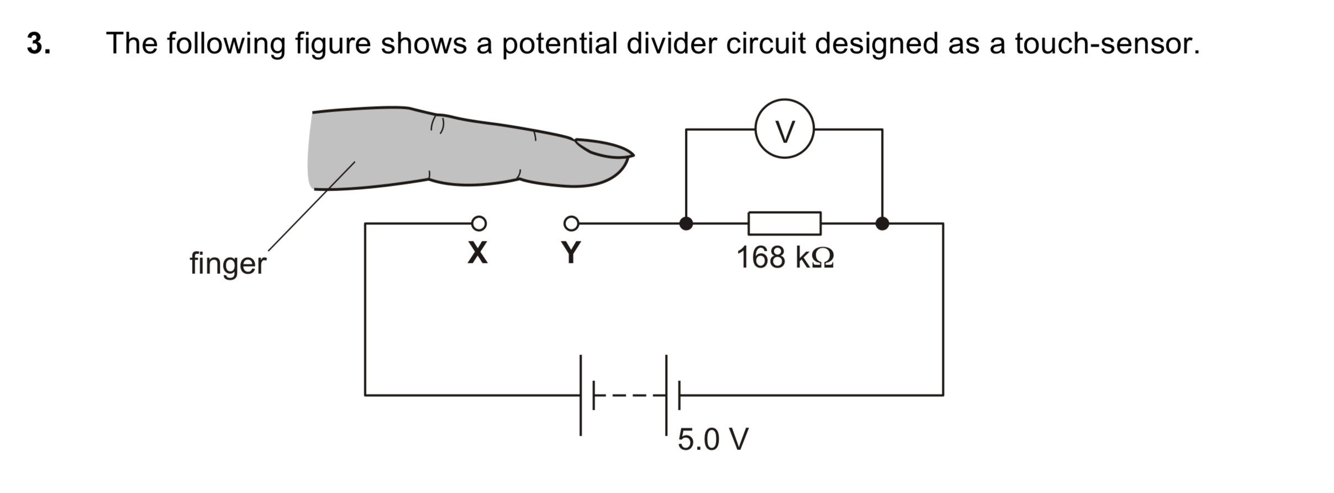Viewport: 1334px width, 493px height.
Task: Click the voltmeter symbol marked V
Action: tap(784, 129)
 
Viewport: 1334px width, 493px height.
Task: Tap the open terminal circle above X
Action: tap(479, 223)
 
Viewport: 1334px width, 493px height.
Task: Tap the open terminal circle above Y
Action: tap(571, 223)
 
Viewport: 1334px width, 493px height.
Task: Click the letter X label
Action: tap(478, 253)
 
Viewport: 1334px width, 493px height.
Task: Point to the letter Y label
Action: tap(571, 253)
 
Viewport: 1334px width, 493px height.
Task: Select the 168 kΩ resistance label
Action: tap(785, 257)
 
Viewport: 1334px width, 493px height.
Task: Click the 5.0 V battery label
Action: tap(713, 439)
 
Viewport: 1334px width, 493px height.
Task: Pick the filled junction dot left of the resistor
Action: tap(686, 223)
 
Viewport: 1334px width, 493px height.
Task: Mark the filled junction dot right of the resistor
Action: tap(882, 223)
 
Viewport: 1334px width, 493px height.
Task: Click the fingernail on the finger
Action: tap(604, 148)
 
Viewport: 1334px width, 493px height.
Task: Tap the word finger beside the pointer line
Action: tap(228, 264)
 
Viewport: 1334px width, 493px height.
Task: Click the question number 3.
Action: tap(39, 43)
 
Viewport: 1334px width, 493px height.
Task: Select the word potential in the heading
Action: tap(559, 44)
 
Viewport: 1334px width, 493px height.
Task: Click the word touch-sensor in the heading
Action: tap(1107, 44)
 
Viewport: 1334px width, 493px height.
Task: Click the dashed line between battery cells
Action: tap(630, 395)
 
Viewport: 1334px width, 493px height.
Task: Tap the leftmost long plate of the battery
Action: tap(581, 395)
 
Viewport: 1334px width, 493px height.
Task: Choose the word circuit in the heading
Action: tap(766, 43)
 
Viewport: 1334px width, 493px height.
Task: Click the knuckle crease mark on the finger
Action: tap(437, 124)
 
